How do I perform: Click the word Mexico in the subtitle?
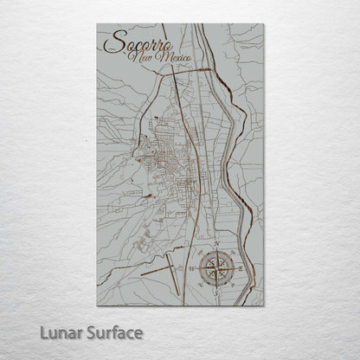(x=171, y=58)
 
